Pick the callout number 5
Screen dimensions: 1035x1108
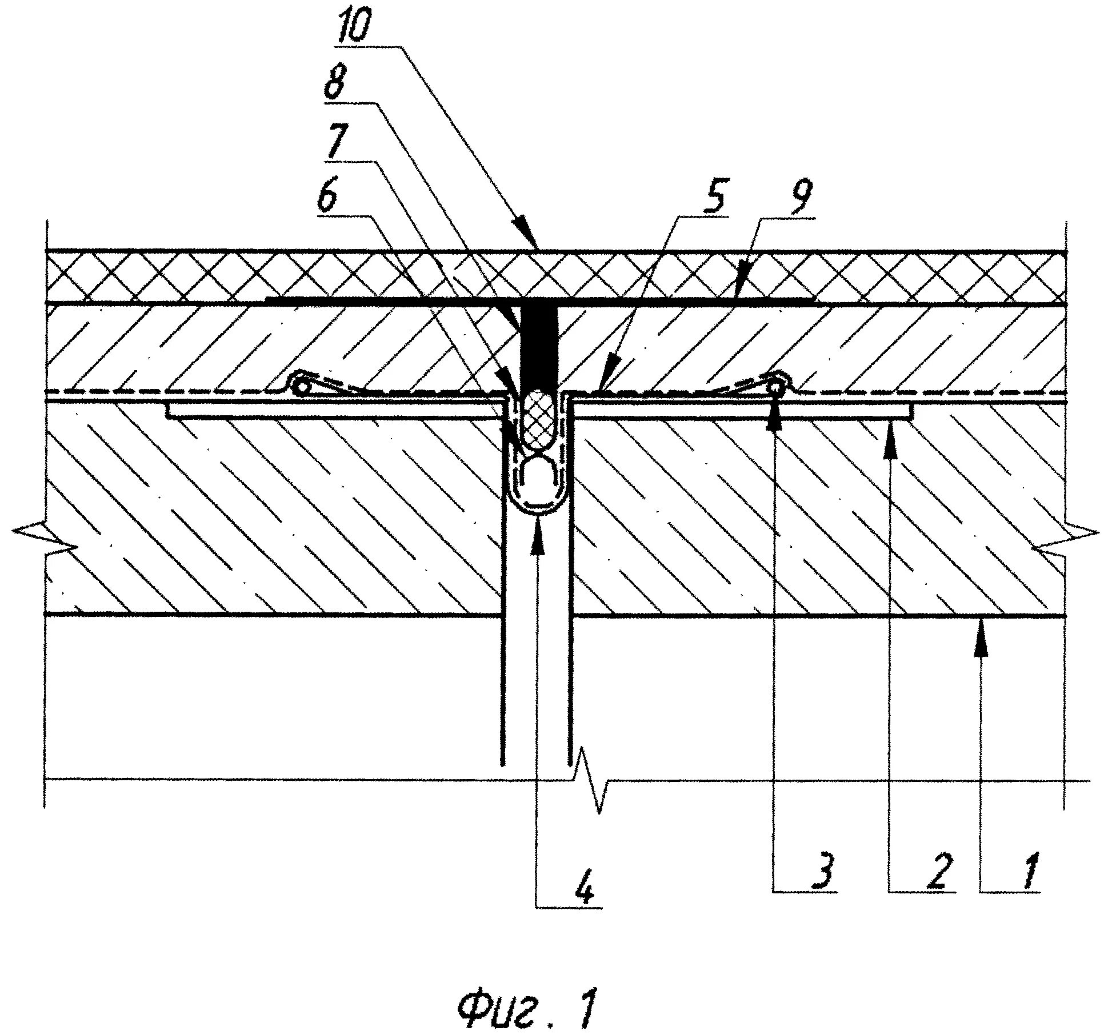712,197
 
